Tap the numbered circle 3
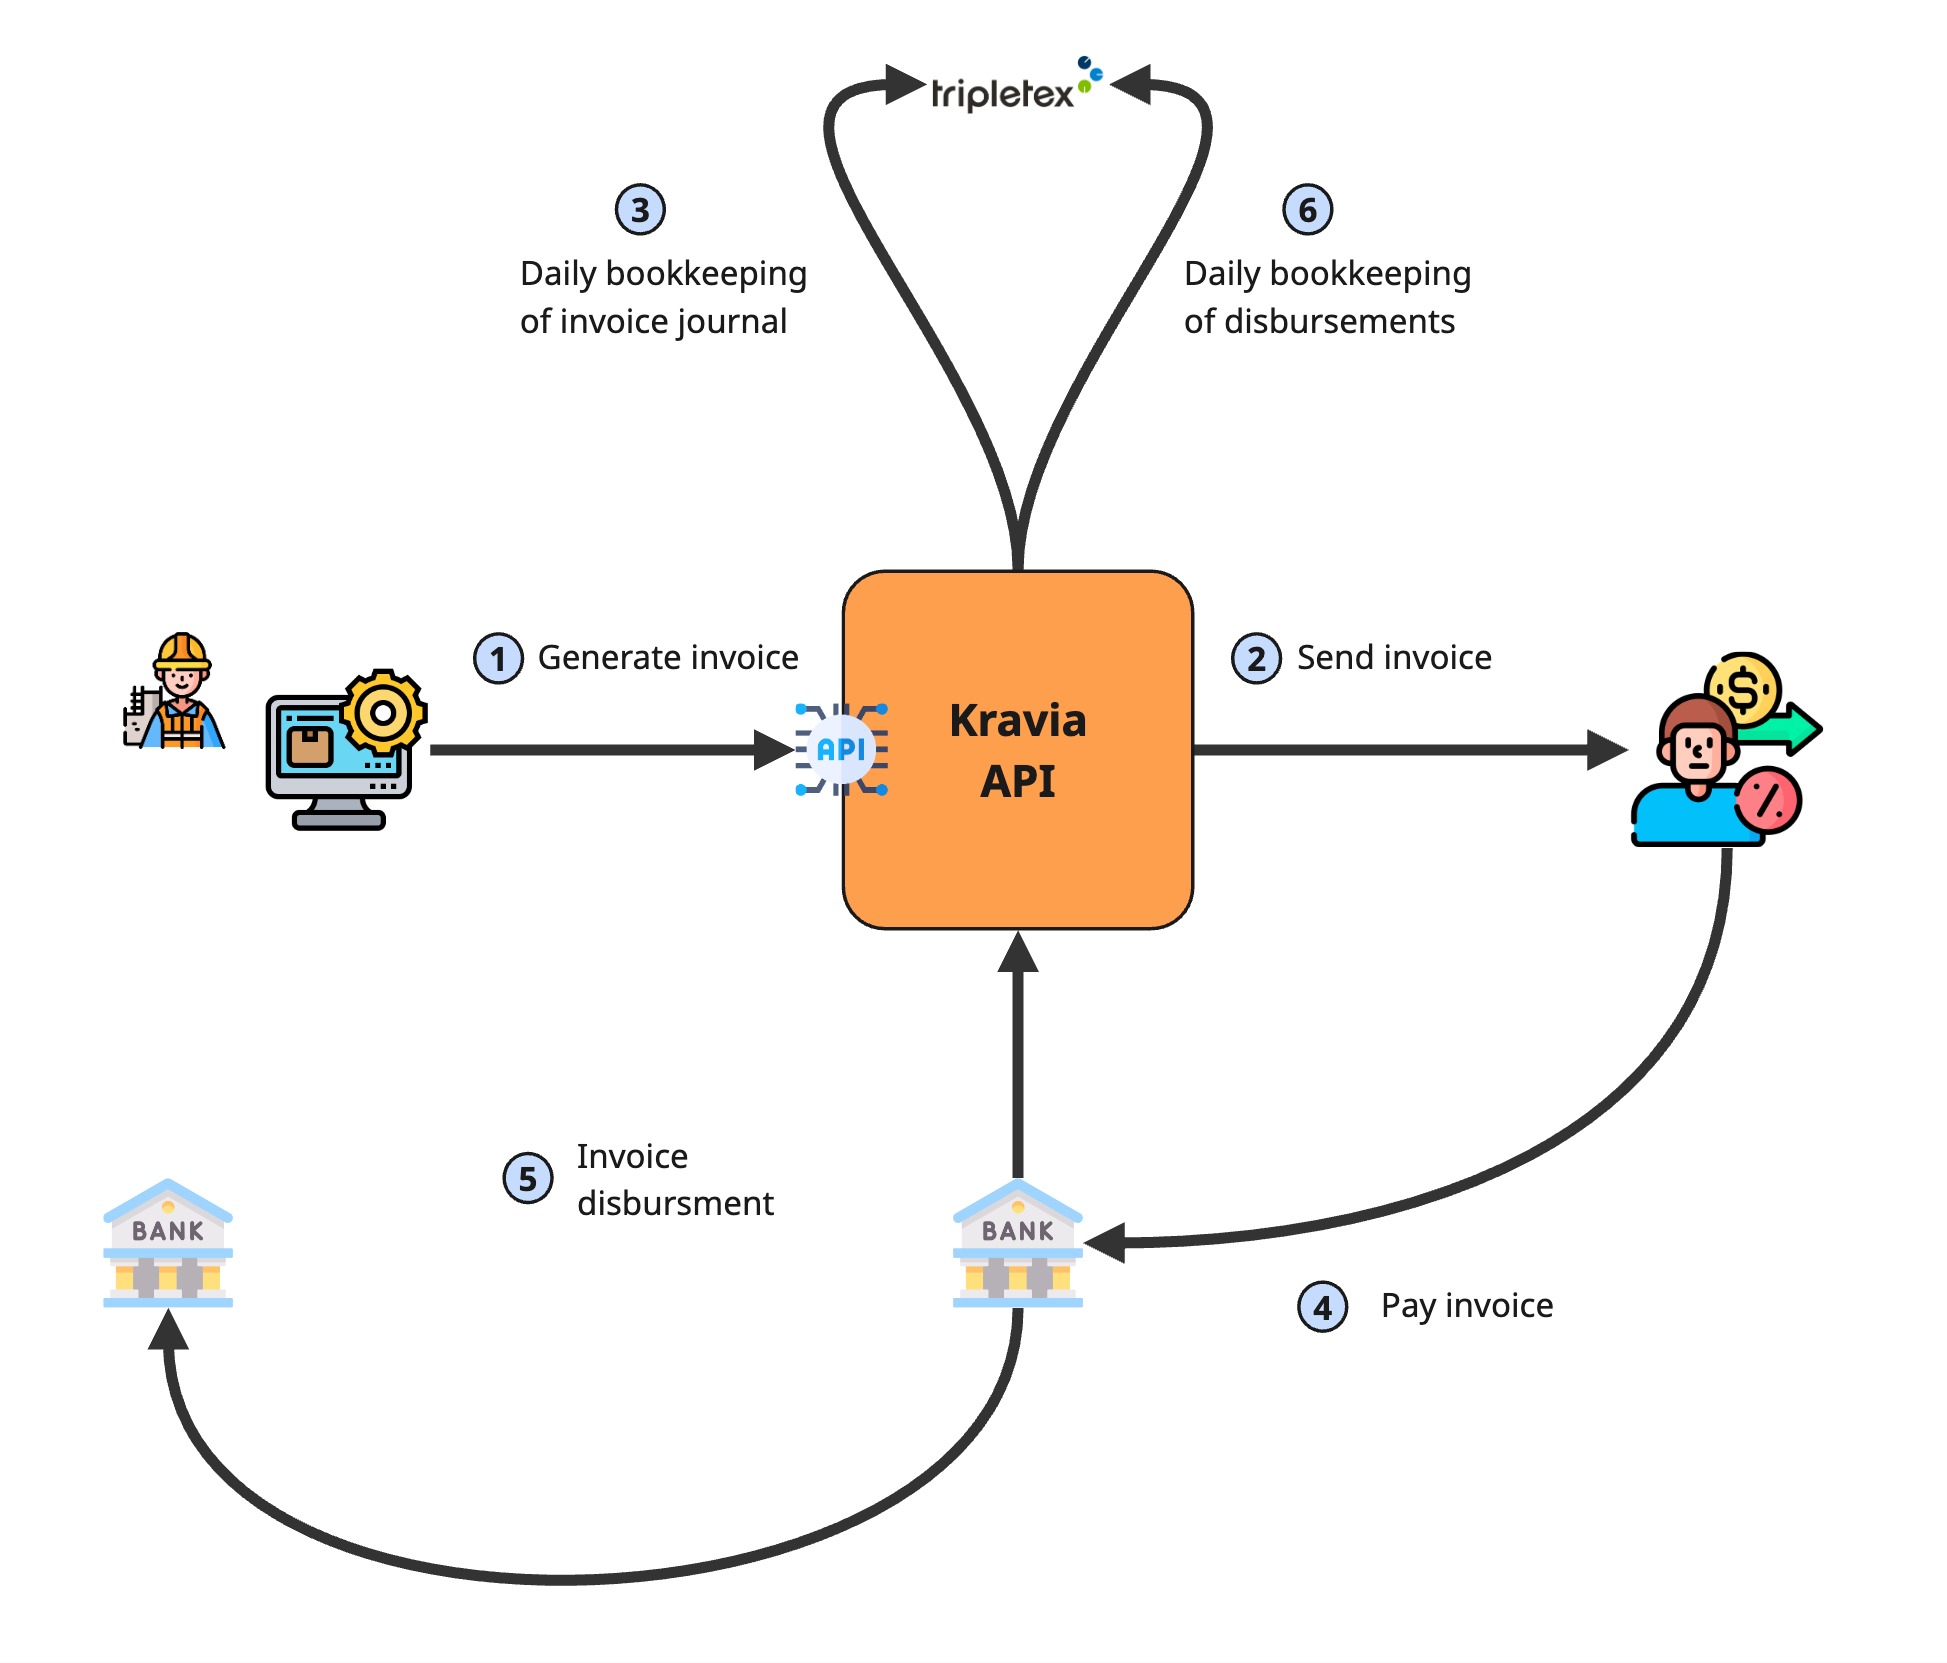pos(640,210)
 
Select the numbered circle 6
pos(1307,210)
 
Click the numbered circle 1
pos(498,659)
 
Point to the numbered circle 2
pos(1256,659)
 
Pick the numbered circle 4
pos(1322,1307)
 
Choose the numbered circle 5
pos(528,1179)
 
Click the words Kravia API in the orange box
pos(1017,750)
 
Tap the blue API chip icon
pos(841,750)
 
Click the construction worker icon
pos(175,692)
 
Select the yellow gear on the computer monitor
pos(383,712)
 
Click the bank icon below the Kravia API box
pos(1017,1244)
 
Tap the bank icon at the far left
pos(168,1244)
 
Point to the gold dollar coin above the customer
pos(1743,689)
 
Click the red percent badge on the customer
pos(1768,800)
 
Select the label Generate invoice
pos(668,658)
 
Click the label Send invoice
pos(1394,658)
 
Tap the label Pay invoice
pos(1467,1306)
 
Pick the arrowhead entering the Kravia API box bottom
pos(1018,952)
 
